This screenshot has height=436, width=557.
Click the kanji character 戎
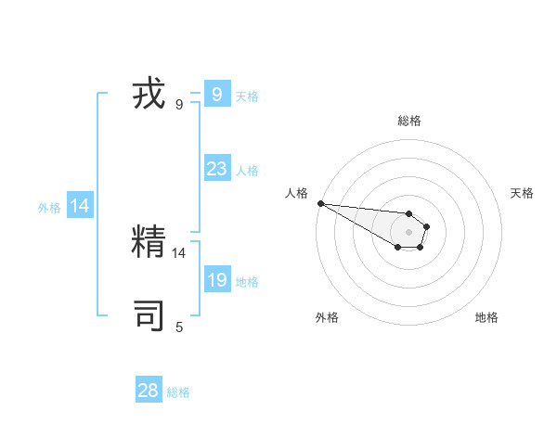pos(149,95)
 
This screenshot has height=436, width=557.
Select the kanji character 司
pos(149,315)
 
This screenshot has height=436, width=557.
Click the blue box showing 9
pos(216,95)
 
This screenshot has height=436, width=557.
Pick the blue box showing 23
pos(216,169)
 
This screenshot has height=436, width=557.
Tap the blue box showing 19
pos(216,280)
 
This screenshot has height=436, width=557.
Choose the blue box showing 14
pos(80,207)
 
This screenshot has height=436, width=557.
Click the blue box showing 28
pos(149,391)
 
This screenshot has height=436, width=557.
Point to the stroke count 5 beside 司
pos(179,327)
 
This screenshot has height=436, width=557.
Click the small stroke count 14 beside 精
pos(179,252)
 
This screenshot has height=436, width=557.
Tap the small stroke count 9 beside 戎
pos(179,105)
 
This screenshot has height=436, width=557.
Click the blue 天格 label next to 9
pos(247,96)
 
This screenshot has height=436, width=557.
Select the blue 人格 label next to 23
pos(247,171)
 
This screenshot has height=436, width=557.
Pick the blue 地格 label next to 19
pos(247,282)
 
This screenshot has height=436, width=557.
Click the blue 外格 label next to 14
pos(49,209)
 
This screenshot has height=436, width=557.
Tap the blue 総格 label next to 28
pos(178,392)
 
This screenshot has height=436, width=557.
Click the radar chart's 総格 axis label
pos(409,121)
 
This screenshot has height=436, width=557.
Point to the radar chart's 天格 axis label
pos(523,193)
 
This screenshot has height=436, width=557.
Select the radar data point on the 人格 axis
pos(320,203)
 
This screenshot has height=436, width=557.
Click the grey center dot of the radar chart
pos(409,232)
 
